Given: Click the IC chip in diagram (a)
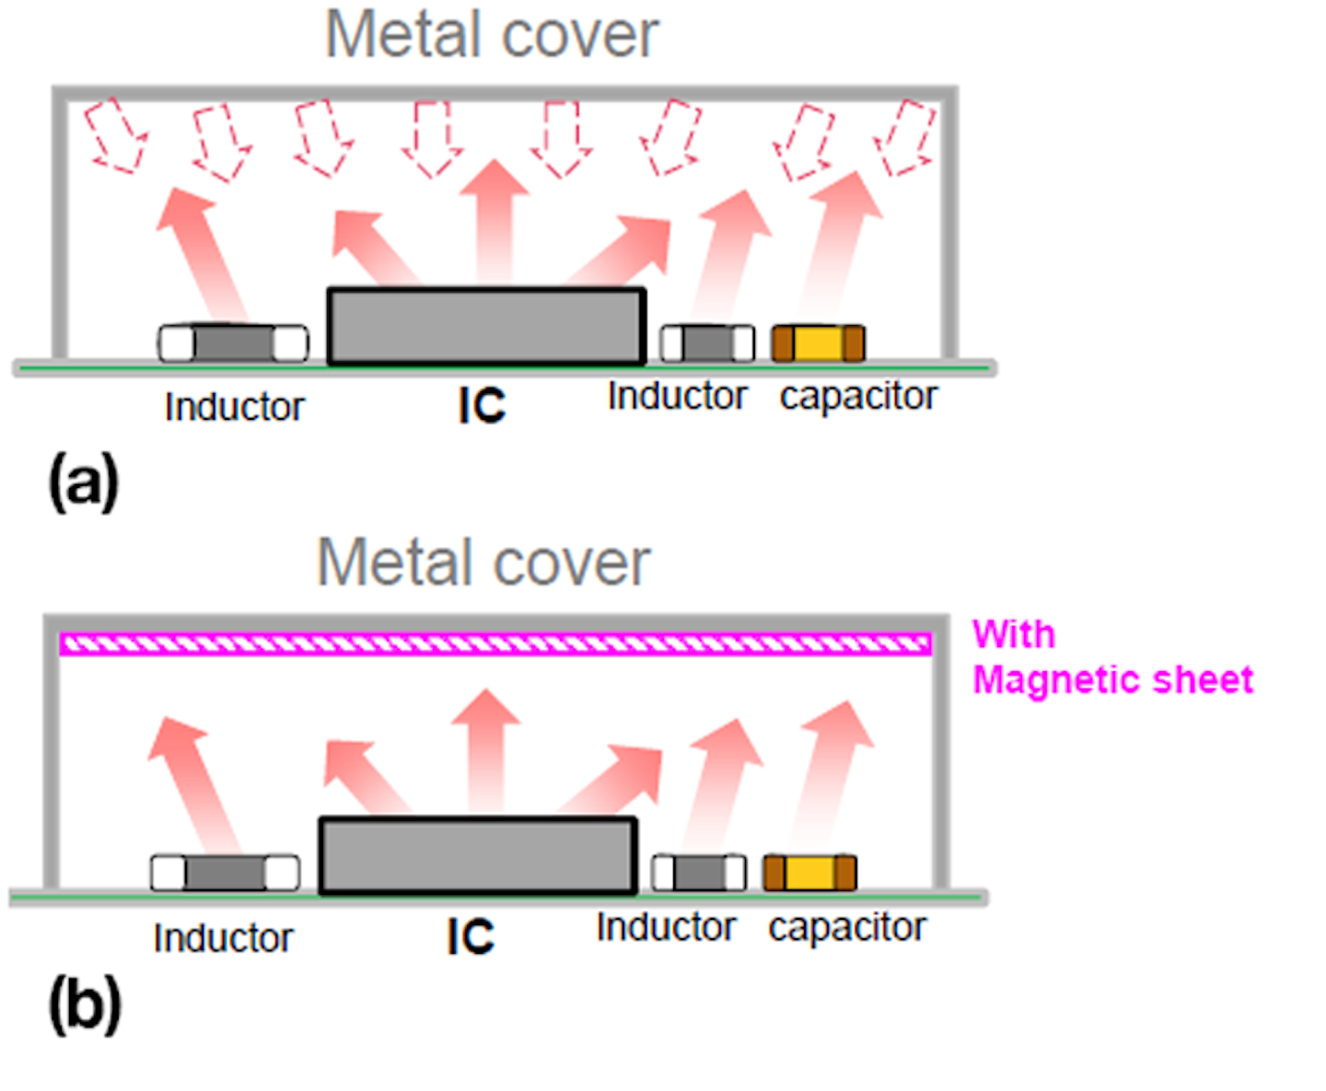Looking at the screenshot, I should pos(486,326).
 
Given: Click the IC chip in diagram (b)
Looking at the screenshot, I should pos(477,855).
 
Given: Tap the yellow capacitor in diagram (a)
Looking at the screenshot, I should pos(818,343).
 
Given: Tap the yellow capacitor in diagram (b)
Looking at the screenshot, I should pos(809,873).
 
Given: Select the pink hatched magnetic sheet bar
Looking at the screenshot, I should pos(495,644).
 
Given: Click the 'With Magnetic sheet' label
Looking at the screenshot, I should pos(1111,657).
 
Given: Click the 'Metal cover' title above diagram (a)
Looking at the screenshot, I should pos(492,35).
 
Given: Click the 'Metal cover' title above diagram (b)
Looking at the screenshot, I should pos(483,563).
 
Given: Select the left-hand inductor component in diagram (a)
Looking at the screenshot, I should pos(233,343).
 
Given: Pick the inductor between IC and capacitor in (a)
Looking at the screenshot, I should pos(707,343).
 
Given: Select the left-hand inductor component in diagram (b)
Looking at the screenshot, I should pos(225,873).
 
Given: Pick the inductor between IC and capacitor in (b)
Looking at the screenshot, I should pos(699,873).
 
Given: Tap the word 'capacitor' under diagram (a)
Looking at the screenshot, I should pos(858,397).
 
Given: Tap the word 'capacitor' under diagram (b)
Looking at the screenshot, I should pos(847,928).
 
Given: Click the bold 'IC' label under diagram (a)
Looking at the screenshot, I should pos(482,405).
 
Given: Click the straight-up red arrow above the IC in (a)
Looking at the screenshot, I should pos(494,221).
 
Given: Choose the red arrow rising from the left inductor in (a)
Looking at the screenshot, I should pos(204,253).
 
